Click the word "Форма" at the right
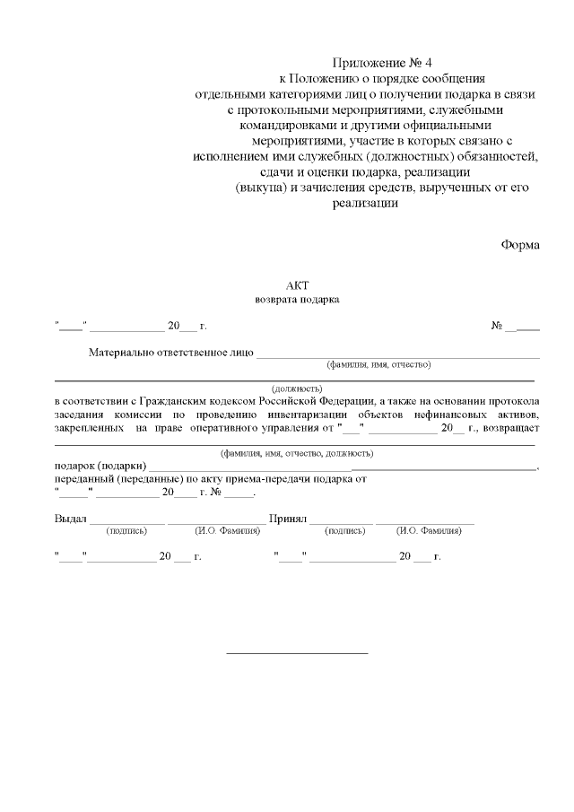[x=520, y=244]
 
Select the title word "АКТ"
[x=297, y=284]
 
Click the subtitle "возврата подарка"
[x=297, y=300]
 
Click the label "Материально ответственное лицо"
[x=170, y=353]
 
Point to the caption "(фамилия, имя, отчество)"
[x=378, y=365]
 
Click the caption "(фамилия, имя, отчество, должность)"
[x=297, y=453]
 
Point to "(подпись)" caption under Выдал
[x=126, y=531]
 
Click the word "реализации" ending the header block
[x=364, y=204]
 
